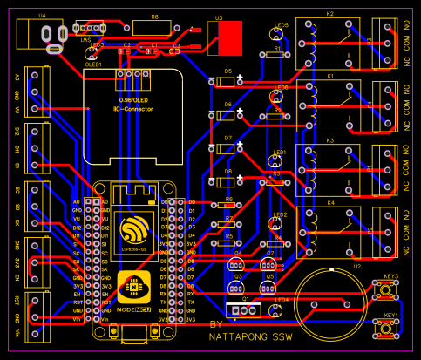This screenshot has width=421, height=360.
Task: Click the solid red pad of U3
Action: [x=231, y=37]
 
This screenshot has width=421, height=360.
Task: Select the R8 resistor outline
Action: [x=154, y=27]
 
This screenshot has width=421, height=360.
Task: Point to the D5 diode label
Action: [x=228, y=71]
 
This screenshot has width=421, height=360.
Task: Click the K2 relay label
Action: [x=329, y=15]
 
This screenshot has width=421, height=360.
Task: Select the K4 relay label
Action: [x=329, y=203]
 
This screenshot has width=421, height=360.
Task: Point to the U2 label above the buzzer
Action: [x=356, y=267]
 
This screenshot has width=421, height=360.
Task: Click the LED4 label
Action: [x=281, y=300]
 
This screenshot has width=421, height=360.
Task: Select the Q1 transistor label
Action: [x=245, y=298]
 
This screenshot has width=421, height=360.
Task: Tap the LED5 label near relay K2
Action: [x=281, y=26]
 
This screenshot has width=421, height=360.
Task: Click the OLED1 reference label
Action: [x=94, y=64]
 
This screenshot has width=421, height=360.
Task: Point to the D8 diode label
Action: [x=228, y=172]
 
